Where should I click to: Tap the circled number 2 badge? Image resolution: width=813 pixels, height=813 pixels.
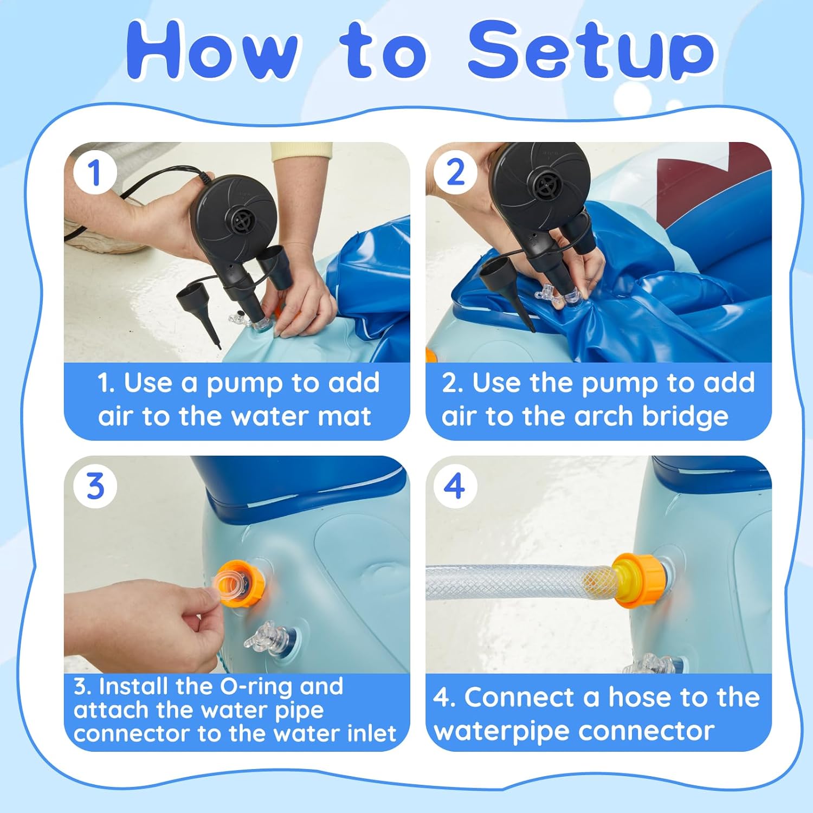pyautogui.click(x=455, y=173)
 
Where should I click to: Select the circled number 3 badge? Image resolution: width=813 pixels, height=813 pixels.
pyautogui.click(x=95, y=486)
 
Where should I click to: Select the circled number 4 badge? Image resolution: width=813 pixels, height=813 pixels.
pyautogui.click(x=455, y=486)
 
